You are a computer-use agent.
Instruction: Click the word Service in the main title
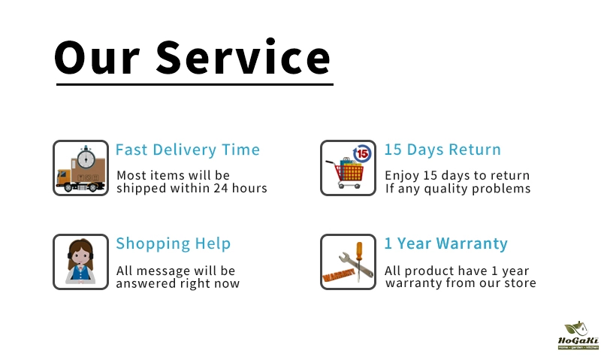pyautogui.click(x=243, y=57)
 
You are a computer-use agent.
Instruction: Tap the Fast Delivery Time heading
pyautogui.click(x=187, y=150)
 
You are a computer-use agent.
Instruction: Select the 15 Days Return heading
pyautogui.click(x=442, y=150)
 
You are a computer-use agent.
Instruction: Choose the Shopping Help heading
pyautogui.click(x=174, y=244)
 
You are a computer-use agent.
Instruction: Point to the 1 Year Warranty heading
pyautogui.click(x=446, y=244)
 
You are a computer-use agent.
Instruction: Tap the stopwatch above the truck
pyautogui.click(x=86, y=157)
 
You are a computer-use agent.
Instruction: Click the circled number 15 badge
pyautogui.click(x=362, y=154)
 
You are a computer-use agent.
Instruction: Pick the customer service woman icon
pyautogui.click(x=80, y=262)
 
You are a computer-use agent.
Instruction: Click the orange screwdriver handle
pyautogui.click(x=359, y=251)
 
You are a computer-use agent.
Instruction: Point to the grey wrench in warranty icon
pyautogui.click(x=355, y=264)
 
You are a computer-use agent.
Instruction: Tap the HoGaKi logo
pyautogui.click(x=578, y=335)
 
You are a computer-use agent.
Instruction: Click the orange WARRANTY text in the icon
pyautogui.click(x=339, y=275)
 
